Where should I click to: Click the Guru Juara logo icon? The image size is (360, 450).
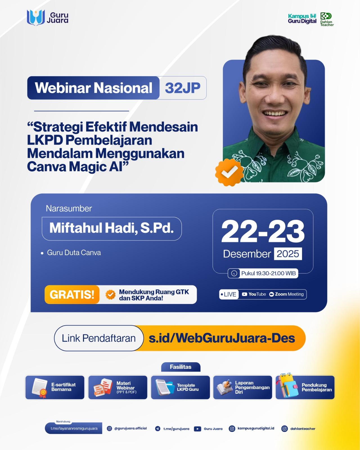click(x=36, y=18)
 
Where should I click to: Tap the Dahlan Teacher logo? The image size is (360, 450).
click(x=327, y=19)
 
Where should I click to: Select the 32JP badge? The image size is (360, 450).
click(x=183, y=88)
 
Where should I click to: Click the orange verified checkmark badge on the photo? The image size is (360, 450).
click(x=229, y=172)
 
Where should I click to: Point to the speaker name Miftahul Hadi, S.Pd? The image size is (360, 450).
click(x=112, y=228)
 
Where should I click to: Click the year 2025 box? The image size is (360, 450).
click(x=288, y=254)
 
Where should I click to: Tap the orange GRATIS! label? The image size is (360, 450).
click(x=72, y=294)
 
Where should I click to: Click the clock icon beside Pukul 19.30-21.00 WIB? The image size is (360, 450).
click(x=234, y=273)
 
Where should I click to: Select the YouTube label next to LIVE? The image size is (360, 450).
click(x=254, y=294)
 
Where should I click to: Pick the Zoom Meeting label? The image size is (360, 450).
click(x=287, y=294)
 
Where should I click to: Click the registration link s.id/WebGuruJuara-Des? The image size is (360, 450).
click(x=222, y=338)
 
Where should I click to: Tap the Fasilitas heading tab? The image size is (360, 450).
click(x=181, y=367)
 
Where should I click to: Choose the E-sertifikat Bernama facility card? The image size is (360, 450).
click(x=55, y=387)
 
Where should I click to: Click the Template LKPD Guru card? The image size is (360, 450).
click(x=180, y=387)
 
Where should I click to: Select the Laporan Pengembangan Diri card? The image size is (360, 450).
click(x=242, y=387)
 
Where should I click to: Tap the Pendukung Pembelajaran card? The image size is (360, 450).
click(x=305, y=387)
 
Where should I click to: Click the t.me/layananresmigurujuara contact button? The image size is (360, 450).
click(x=74, y=428)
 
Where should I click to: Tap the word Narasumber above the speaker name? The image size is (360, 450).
click(x=69, y=208)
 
